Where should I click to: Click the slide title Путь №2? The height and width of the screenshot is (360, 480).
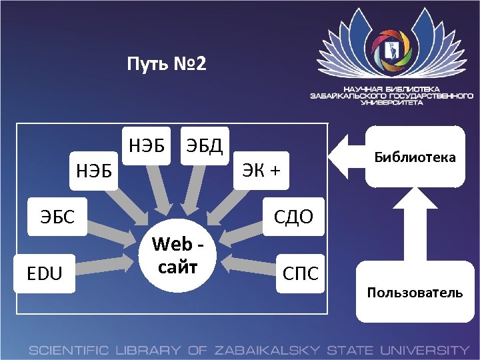click(167, 65)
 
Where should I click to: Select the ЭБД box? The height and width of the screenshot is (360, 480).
click(205, 144)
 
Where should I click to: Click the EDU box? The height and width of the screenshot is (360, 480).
click(45, 273)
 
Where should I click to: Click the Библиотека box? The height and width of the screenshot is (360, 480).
click(415, 157)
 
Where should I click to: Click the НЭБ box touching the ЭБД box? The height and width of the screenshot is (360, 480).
click(147, 144)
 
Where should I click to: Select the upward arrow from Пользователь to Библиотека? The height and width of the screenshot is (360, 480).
click(413, 227)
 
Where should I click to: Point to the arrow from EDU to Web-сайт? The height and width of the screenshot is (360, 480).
click(107, 261)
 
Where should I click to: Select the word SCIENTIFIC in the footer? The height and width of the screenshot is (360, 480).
click(71, 350)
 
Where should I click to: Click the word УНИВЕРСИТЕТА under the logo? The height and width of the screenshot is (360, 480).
click(391, 103)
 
